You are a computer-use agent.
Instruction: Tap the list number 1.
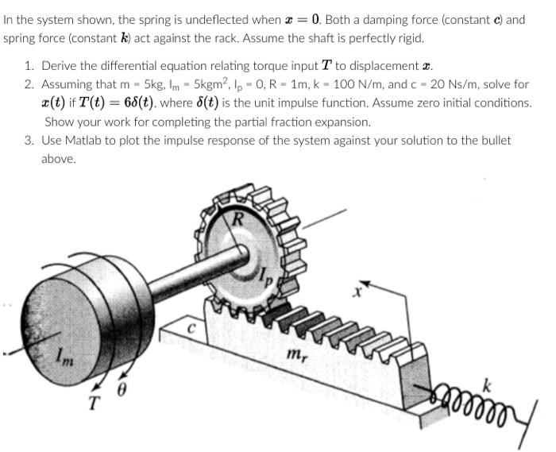click(x=28, y=66)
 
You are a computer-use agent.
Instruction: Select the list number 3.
click(x=28, y=141)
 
